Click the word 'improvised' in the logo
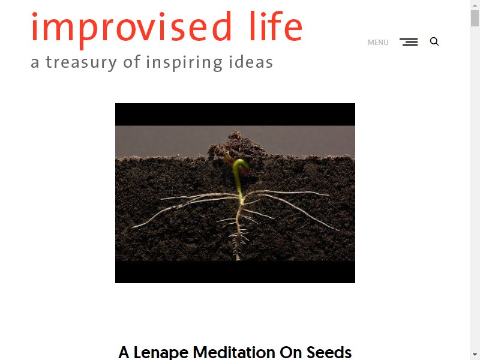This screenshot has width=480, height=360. click(131, 29)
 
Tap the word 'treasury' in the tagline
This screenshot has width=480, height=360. click(82, 62)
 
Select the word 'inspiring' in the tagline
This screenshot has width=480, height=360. click(184, 62)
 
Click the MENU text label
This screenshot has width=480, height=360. click(378, 42)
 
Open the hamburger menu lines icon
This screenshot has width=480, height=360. click(409, 42)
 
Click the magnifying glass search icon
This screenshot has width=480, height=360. click(434, 41)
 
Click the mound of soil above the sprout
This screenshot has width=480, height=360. click(236, 145)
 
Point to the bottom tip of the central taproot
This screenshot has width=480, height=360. click(238, 260)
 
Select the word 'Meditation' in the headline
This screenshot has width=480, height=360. click(234, 352)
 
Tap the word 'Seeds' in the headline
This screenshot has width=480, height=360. click(329, 352)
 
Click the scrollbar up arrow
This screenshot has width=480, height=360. click(475, 5)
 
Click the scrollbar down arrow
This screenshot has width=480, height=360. click(475, 355)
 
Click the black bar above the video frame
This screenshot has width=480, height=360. click(235, 115)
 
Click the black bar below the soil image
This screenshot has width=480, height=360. click(235, 272)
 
